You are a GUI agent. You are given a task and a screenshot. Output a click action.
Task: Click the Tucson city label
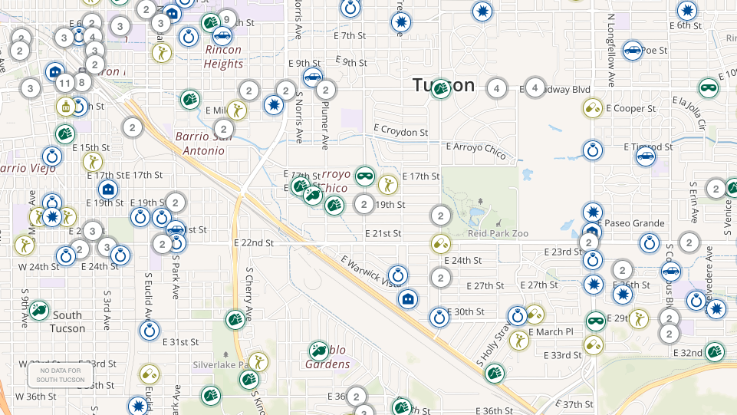click(444, 84)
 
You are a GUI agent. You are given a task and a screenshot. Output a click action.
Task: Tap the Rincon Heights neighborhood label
click(223, 57)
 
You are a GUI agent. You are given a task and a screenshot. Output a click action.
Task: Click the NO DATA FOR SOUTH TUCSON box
click(61, 375)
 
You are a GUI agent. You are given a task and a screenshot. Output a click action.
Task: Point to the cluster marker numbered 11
click(65, 83)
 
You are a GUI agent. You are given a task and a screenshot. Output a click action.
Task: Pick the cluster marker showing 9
click(226, 19)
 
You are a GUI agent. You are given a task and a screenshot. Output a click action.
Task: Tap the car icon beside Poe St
click(632, 51)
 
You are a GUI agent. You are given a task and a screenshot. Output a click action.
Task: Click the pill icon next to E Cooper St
click(592, 108)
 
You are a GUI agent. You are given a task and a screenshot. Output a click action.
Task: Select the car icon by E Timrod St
click(646, 156)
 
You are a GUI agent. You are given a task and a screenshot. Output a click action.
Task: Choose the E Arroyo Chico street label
click(476, 150)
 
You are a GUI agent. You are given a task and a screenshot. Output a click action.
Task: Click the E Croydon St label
click(400, 130)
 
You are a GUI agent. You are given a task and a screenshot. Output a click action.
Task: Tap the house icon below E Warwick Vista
click(408, 298)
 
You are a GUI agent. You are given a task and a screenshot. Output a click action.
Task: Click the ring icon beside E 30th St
click(439, 317)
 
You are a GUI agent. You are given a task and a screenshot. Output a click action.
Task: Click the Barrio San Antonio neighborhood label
click(200, 143)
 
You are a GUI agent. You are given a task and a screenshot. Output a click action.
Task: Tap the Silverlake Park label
click(222, 364)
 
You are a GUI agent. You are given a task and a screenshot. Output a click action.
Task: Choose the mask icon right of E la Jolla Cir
click(709, 88)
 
